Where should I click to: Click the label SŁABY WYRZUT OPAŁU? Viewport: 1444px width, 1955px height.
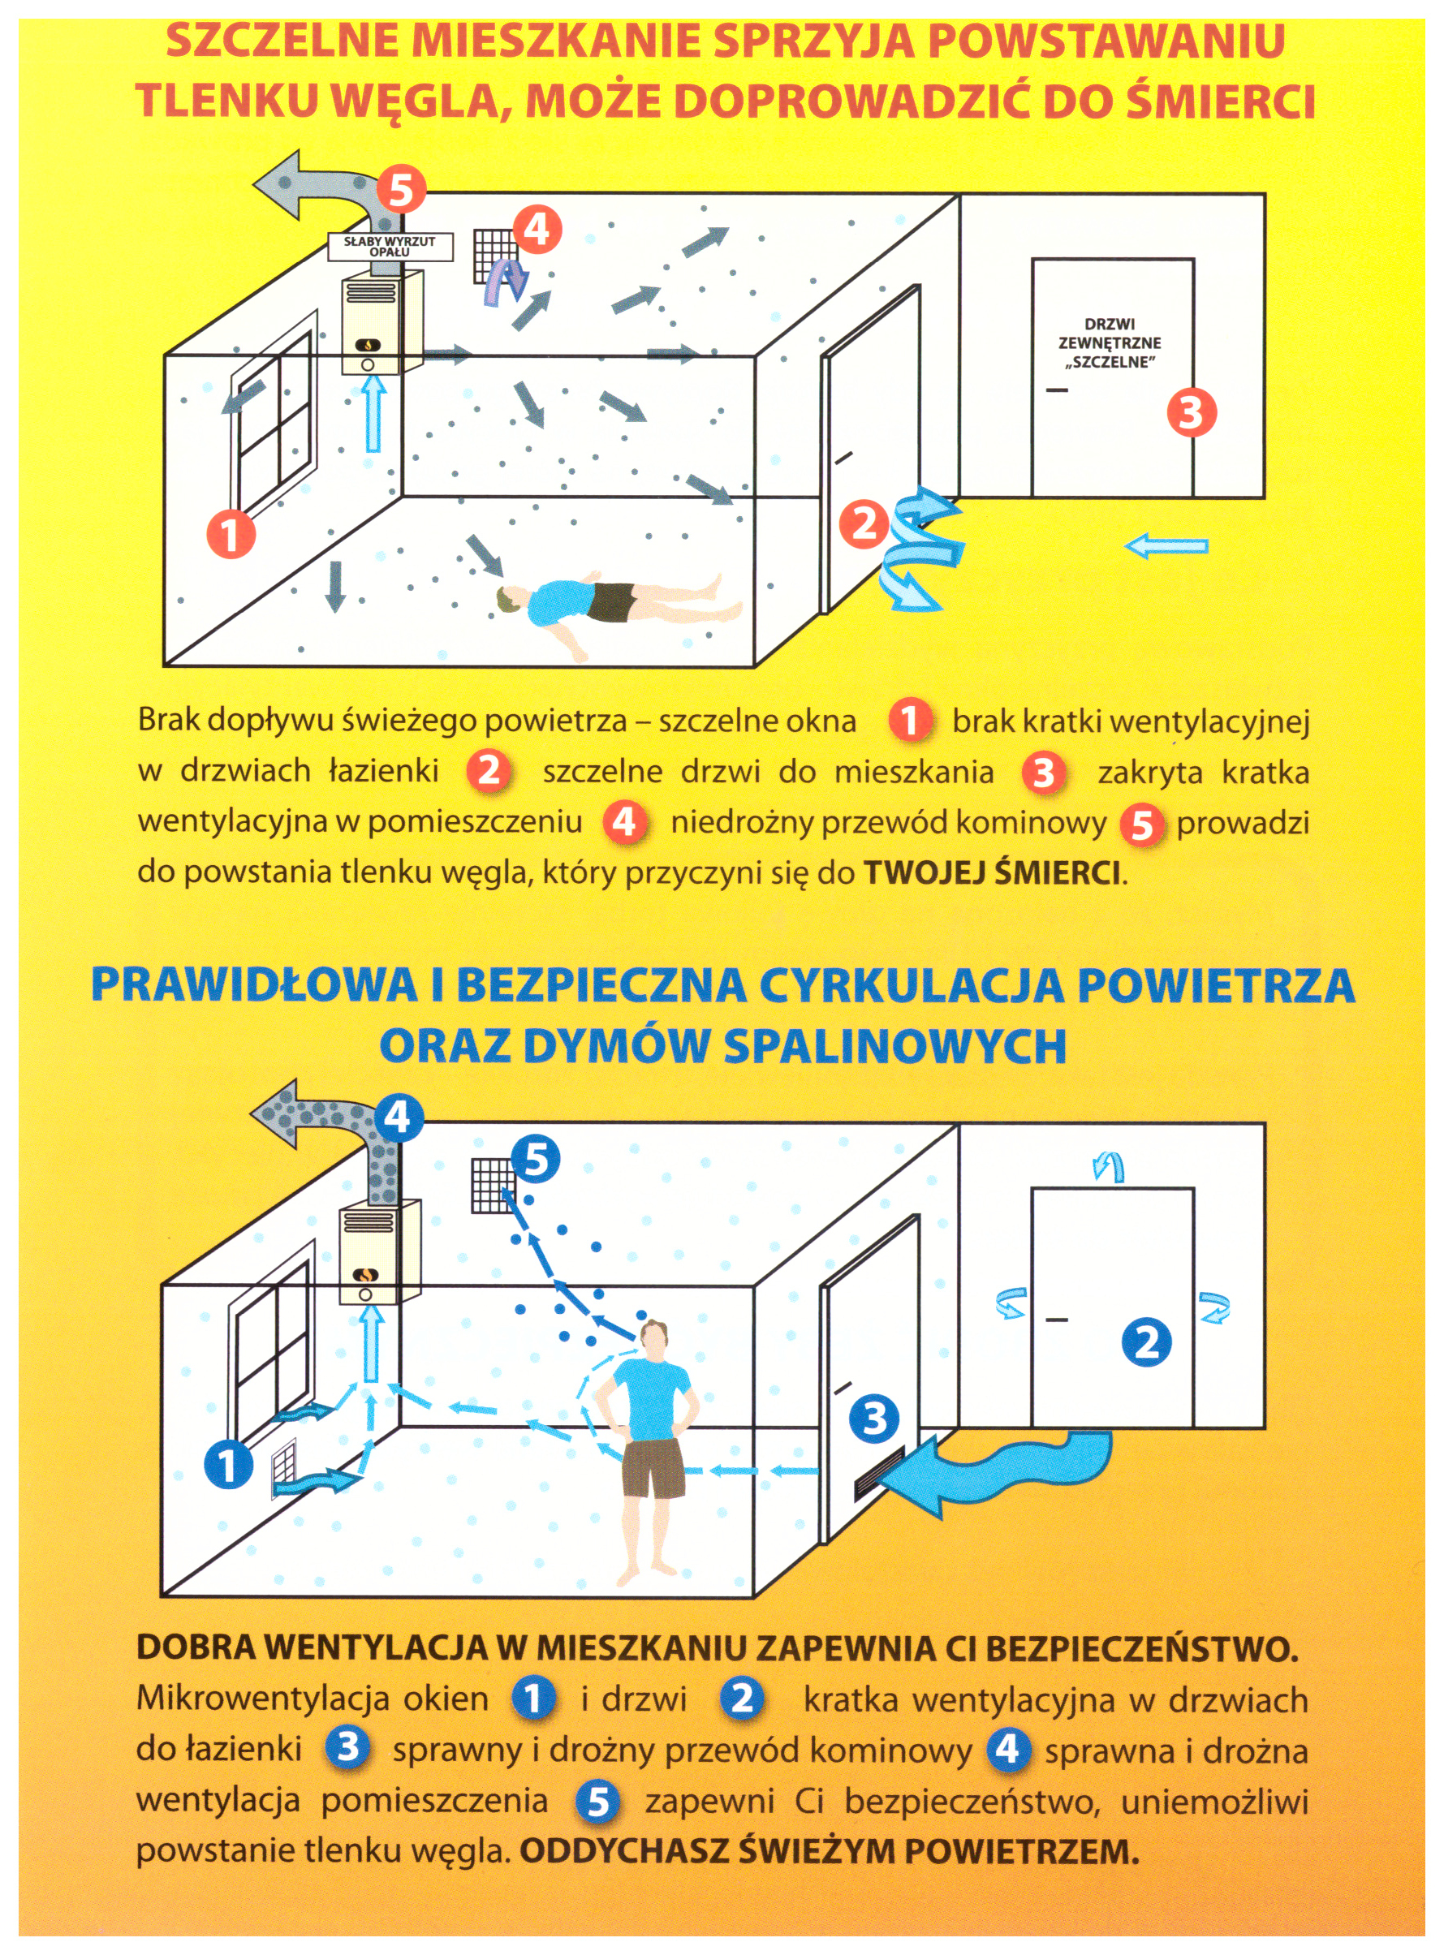pyautogui.click(x=390, y=247)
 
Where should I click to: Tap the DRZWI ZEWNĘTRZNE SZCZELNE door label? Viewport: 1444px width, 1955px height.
pyautogui.click(x=1110, y=343)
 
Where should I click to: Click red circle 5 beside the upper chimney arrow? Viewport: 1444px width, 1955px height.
pyautogui.click(x=400, y=190)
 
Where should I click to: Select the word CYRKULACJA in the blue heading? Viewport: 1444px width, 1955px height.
pyautogui.click(x=911, y=985)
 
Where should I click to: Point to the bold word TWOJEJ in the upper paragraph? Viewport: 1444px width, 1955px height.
pyautogui.click(x=924, y=872)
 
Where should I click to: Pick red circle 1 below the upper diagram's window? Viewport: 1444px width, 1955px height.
pyautogui.click(x=231, y=534)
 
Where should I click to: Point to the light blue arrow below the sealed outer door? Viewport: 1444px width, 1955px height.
pyautogui.click(x=1166, y=547)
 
